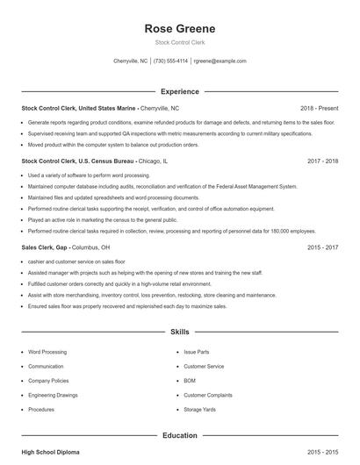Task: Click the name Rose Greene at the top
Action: (179, 28)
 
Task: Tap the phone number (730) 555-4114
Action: (171, 61)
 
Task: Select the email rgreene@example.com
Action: (220, 61)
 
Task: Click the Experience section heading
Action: (179, 91)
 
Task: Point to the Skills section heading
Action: (179, 333)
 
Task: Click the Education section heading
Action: (179, 434)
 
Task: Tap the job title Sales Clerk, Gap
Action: (44, 248)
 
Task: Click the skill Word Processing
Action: (47, 352)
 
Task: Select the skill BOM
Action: (191, 382)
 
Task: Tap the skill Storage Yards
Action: (200, 409)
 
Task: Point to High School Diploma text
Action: (50, 452)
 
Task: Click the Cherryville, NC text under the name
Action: (131, 61)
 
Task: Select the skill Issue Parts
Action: (196, 352)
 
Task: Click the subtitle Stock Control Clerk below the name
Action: (179, 42)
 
